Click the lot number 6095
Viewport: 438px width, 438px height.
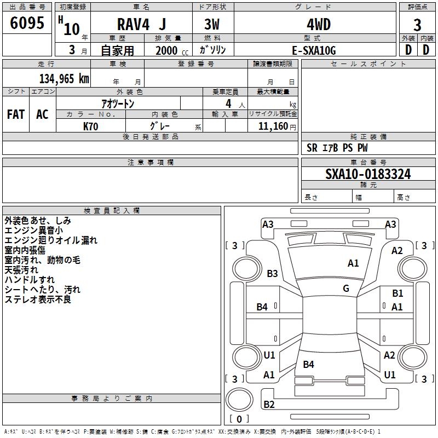(x=27, y=22)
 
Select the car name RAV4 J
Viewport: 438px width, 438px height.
(x=142, y=24)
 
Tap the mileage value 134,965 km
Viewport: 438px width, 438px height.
(x=64, y=79)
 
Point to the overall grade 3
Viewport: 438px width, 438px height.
(x=417, y=25)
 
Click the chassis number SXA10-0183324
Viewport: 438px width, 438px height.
(x=368, y=174)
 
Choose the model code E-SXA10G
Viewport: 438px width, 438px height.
(x=314, y=50)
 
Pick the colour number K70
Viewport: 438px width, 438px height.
(x=91, y=126)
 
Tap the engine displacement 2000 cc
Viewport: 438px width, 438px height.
(x=172, y=51)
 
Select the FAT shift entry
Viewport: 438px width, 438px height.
(x=16, y=114)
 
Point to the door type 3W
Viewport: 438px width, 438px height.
(x=212, y=24)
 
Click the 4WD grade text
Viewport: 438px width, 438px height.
(x=319, y=25)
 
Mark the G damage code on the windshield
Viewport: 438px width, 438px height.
(x=346, y=288)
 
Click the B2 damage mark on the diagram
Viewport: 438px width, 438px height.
(x=269, y=404)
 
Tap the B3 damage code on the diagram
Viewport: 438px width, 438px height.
(x=272, y=273)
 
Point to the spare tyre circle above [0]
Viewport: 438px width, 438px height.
(x=239, y=400)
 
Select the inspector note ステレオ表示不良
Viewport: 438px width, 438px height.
(x=38, y=299)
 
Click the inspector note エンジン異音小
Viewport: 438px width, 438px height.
(x=33, y=230)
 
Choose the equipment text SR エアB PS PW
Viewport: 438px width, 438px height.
(x=337, y=148)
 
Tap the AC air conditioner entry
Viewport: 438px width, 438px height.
(x=42, y=114)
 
